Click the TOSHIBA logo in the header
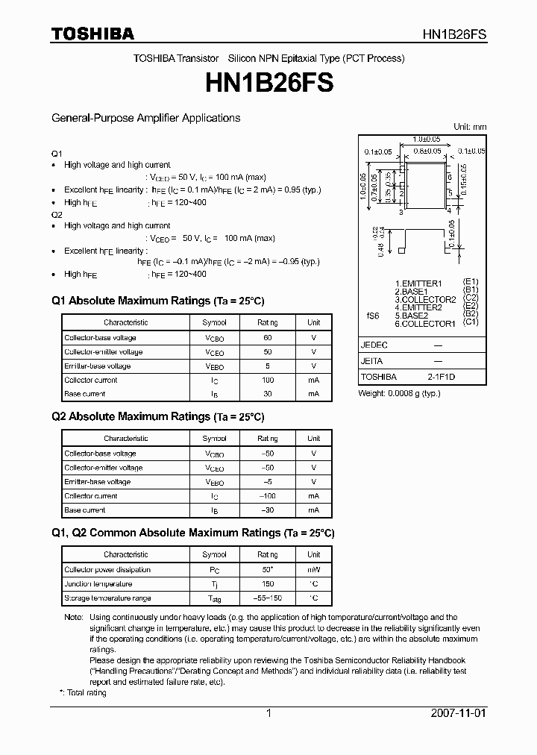click(92, 34)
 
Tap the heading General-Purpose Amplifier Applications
click(145, 118)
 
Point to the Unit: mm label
click(470, 127)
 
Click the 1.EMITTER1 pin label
click(418, 283)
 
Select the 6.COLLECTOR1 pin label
click(424, 324)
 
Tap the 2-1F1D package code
click(441, 377)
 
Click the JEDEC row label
click(374, 345)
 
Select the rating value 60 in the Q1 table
click(267, 338)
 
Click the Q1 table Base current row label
click(84, 394)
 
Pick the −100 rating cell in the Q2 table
click(267, 496)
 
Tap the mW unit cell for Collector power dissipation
click(313, 570)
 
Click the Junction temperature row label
click(98, 584)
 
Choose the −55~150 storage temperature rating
click(267, 598)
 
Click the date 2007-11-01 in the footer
click(458, 713)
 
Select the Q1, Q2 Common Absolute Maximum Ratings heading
click(192, 533)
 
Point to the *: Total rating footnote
click(83, 693)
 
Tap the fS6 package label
click(373, 316)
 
